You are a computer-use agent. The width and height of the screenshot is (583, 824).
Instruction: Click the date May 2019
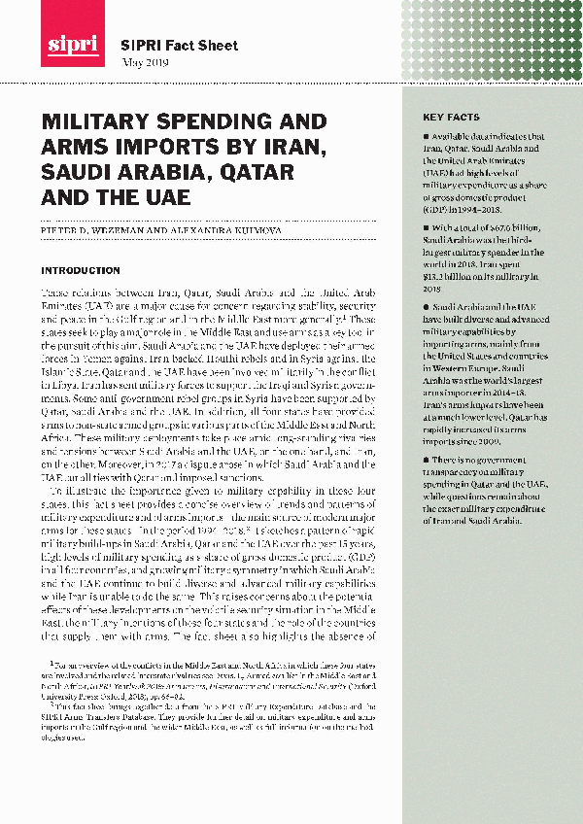144,62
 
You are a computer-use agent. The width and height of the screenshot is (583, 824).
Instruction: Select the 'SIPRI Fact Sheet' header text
165,46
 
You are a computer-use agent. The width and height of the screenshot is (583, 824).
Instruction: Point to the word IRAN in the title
292,149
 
